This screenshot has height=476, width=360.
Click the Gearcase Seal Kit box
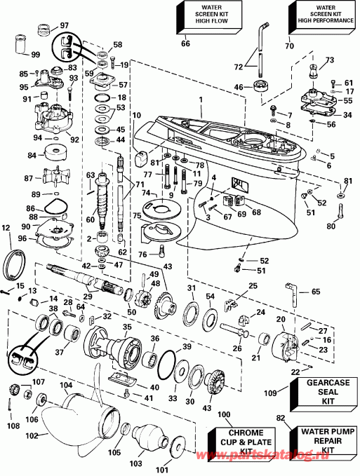pyautogui.click(x=324, y=391)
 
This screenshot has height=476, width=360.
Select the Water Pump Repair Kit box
pyautogui.click(x=323, y=440)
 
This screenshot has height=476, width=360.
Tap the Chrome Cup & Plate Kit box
pyautogui.click(x=242, y=442)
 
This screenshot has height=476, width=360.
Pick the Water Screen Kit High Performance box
pyautogui.click(x=322, y=17)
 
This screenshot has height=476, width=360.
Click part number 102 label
pyautogui.click(x=32, y=435)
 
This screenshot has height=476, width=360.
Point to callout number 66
pyautogui.click(x=185, y=43)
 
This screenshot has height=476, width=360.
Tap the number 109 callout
pyautogui.click(x=270, y=393)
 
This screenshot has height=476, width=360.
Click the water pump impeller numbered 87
pyautogui.click(x=53, y=177)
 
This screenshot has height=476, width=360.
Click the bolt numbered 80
pyautogui.click(x=340, y=214)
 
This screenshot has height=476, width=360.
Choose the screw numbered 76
pyautogui.click(x=161, y=251)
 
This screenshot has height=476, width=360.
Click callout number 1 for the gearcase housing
pyautogui.click(x=201, y=100)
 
